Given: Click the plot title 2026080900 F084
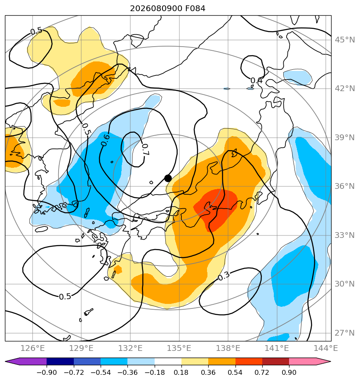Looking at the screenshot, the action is (x=167, y=9).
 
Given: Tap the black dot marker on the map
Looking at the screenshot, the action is (x=168, y=178).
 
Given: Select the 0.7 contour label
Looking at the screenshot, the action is (x=146, y=149).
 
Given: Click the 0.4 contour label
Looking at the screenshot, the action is (x=256, y=80).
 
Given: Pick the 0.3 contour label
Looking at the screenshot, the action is (x=224, y=276).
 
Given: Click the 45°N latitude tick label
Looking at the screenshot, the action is (x=345, y=40).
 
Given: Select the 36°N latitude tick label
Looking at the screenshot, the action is (x=345, y=186).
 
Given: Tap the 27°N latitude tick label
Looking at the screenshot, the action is (x=345, y=333).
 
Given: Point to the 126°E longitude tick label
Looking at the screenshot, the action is (x=33, y=348).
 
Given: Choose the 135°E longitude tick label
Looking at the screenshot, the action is (x=179, y=348).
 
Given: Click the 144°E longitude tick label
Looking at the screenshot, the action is (x=326, y=348).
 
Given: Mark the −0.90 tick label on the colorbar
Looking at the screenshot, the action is (x=47, y=372).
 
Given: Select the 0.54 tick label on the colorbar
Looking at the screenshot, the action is (x=235, y=372).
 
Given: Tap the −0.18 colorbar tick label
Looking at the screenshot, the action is (x=154, y=372).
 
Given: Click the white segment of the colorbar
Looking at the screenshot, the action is (x=168, y=361).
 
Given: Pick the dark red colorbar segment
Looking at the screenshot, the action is (x=275, y=361).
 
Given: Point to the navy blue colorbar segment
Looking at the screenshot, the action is (x=60, y=361).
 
